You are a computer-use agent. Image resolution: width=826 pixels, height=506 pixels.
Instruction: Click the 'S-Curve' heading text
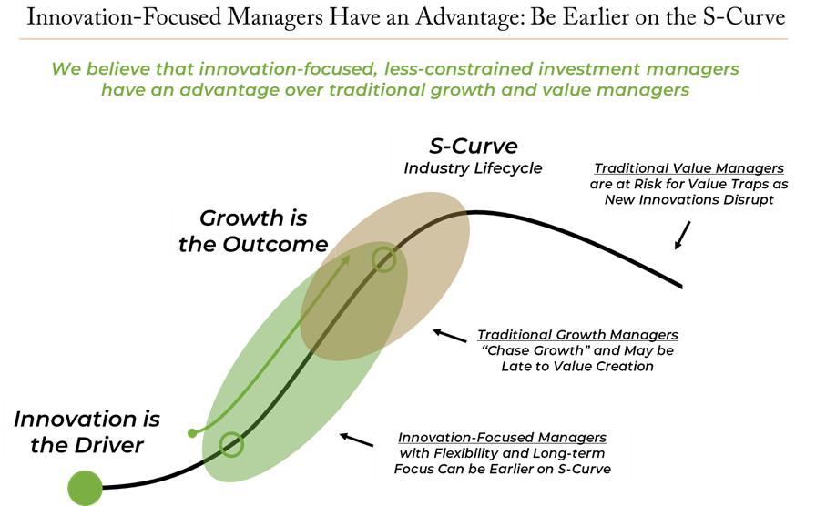pyautogui.click(x=473, y=146)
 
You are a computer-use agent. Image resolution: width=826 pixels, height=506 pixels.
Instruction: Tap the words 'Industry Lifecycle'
pyautogui.click(x=473, y=168)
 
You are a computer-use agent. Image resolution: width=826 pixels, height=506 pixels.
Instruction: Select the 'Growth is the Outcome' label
pyautogui.click(x=253, y=231)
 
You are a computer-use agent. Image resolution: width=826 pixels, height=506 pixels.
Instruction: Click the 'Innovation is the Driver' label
pyautogui.click(x=87, y=431)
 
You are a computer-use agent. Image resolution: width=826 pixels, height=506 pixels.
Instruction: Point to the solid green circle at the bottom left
pyautogui.click(x=86, y=488)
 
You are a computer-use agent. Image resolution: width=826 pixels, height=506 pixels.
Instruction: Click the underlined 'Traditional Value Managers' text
pyautogui.click(x=688, y=168)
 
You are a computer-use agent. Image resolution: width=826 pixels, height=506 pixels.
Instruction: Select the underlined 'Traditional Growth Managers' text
pyautogui.click(x=577, y=335)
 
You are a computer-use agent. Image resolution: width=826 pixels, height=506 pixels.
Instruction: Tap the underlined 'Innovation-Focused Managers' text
pyautogui.click(x=502, y=438)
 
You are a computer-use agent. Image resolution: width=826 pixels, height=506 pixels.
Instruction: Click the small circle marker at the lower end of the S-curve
pyautogui.click(x=231, y=444)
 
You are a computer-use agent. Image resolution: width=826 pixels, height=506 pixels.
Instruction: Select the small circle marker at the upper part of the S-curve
pyautogui.click(x=384, y=259)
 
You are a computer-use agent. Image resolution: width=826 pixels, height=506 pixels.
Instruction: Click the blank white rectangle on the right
pyautogui.click(x=752, y=312)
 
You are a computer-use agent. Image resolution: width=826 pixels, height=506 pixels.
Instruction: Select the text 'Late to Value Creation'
pyautogui.click(x=577, y=366)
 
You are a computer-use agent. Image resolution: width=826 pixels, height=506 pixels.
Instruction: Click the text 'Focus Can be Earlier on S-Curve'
pyautogui.click(x=502, y=470)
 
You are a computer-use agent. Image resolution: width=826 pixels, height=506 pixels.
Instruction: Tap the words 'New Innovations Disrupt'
pyautogui.click(x=688, y=199)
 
